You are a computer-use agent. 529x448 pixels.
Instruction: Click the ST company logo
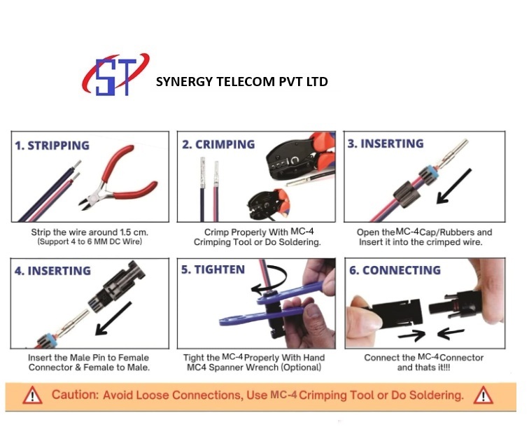coord(115,75)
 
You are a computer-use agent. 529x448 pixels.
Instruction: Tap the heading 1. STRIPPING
coord(52,146)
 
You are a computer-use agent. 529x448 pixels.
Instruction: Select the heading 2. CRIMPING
coord(218,144)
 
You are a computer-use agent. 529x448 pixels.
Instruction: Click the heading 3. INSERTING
coord(386,143)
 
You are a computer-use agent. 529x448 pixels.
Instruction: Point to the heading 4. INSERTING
coord(53,271)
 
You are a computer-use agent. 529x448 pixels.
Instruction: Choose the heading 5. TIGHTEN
coord(213,269)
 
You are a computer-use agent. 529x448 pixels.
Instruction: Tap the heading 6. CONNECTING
coord(394,270)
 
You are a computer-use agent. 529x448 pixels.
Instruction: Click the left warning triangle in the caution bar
coord(33,395)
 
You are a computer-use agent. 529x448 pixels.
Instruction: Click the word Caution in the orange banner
coord(76,395)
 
